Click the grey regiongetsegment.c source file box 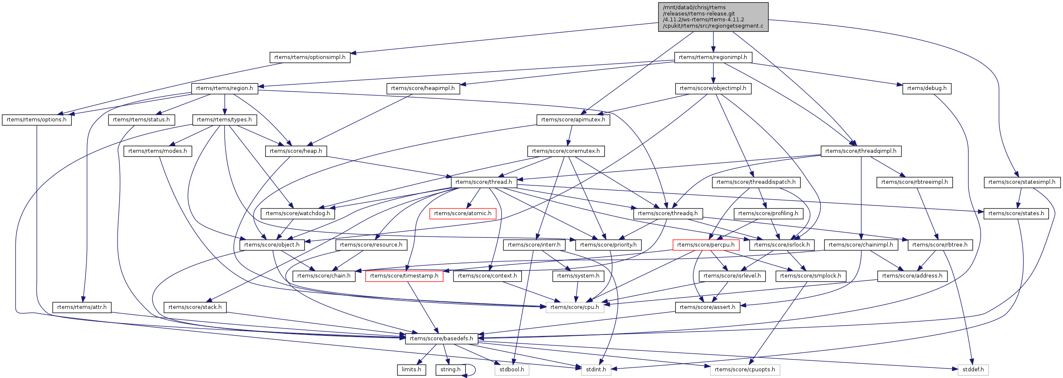coord(713,17)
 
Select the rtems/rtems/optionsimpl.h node coord(310,57)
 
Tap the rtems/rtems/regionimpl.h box coord(713,57)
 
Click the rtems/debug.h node coord(927,88)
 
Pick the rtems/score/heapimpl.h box coord(423,88)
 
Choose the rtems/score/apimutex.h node coord(573,120)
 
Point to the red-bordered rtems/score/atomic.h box coord(463,213)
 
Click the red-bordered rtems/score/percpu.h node coord(705,245)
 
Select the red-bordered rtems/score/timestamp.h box coord(404,276)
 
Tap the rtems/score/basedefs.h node coord(441,339)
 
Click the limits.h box coord(411,370)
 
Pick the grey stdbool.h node coord(512,370)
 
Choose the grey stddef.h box coord(973,370)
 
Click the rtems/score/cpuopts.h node coord(745,370)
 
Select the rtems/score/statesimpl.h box coord(1022,182)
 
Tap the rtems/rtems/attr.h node coord(82,307)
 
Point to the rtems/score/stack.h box coord(195,307)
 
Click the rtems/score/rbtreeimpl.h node coord(914,182)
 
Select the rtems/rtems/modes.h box coord(157,151)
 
